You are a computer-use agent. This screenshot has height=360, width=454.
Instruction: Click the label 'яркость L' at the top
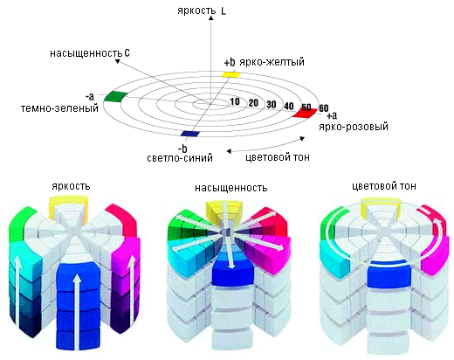coord(202,11)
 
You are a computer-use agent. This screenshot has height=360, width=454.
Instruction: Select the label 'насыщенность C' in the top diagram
coord(90,53)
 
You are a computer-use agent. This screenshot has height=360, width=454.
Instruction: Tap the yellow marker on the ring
coord(231,74)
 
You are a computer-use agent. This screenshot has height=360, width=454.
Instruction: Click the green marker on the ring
coord(116,96)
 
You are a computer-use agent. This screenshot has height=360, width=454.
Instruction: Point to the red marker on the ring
coord(305,113)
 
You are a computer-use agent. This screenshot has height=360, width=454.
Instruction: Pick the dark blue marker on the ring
coord(190,134)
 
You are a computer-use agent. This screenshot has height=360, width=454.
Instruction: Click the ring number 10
coord(235,101)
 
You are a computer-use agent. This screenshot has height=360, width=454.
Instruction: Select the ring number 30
coord(272,104)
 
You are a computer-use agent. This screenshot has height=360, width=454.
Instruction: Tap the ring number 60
coord(324,108)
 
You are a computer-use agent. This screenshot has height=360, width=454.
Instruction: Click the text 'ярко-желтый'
coord(272,62)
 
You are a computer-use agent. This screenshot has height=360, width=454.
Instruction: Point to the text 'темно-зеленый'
coord(59,108)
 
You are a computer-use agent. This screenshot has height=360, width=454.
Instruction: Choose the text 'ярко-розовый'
coord(354,127)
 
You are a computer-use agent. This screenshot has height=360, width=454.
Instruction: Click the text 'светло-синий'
coord(180,158)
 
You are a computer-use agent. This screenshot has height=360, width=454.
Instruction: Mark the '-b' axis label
coord(182,149)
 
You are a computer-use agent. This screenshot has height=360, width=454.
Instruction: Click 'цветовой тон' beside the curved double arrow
coord(278,157)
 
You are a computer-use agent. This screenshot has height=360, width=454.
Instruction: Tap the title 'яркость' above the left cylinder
coord(71,186)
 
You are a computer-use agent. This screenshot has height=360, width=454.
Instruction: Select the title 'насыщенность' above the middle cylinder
coord(231,188)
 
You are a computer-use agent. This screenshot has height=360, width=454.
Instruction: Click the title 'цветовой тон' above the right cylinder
coord(384,186)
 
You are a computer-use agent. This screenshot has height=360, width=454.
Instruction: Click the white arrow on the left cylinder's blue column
coord(77,312)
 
